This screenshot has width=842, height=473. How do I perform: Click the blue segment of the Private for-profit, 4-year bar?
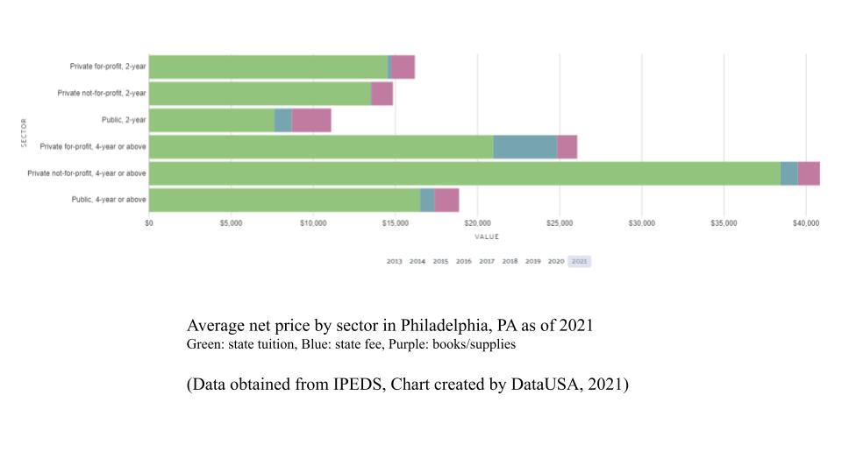(524, 147)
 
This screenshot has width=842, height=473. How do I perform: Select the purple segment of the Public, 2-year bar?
(311, 120)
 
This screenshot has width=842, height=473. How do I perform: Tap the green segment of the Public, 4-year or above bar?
(284, 200)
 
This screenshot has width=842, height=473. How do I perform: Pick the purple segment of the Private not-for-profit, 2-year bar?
(382, 94)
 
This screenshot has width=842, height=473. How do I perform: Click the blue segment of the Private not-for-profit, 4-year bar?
(788, 173)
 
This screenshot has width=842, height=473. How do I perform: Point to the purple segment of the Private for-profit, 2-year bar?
(403, 67)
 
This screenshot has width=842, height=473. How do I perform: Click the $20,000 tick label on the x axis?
(477, 223)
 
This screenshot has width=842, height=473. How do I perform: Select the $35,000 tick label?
(724, 223)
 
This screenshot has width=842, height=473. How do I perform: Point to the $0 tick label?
(149, 223)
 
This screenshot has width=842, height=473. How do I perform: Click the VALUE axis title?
(487, 236)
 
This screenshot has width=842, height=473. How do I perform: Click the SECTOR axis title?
(24, 133)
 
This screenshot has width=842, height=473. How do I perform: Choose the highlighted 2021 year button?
(579, 261)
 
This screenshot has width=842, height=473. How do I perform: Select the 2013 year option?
(394, 261)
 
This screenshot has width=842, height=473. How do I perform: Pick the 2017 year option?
(487, 261)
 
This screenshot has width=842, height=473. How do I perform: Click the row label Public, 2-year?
(125, 120)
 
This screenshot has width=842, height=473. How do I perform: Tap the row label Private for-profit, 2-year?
(108, 67)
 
